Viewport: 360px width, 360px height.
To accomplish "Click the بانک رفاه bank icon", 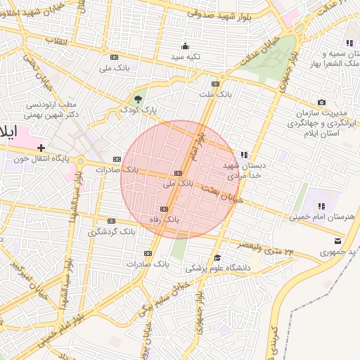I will pos(165,209).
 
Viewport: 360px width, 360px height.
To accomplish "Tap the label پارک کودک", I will pos(138,110).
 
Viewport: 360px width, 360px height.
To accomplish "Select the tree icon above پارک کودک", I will pos(138,99).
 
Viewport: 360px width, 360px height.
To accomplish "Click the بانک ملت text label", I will pos(215,94).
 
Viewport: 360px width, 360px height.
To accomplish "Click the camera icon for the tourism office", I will pos(322,103).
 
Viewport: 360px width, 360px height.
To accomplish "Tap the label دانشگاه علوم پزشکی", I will pos(217,268).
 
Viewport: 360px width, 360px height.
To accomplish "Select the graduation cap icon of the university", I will pos(217,257).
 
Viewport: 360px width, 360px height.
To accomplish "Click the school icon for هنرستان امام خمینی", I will pos(321,206).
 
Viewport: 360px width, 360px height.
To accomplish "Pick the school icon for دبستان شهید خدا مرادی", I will pos(243,155).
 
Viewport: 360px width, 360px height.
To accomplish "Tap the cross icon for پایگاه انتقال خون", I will pos(41,148).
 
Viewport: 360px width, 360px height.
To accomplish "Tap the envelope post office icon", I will pos(338,241).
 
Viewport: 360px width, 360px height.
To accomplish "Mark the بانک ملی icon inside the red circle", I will pos(178,173).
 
